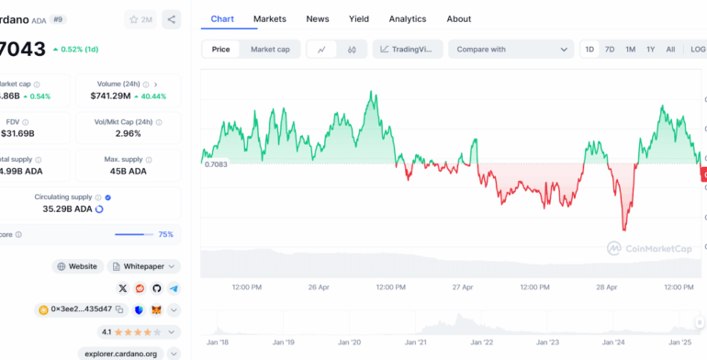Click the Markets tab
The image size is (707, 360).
269,18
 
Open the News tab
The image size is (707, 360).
318,18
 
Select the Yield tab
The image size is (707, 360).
358,18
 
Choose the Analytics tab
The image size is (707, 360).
407,18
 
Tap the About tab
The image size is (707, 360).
458,18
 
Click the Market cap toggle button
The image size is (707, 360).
270,50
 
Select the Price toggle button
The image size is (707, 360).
221,50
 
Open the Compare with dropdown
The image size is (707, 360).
512,50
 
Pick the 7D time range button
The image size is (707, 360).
610,50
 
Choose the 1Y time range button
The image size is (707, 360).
650,50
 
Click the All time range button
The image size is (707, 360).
670,50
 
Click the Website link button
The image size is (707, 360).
77,266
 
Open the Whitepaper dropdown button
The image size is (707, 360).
144,266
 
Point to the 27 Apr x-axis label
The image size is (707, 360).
464,287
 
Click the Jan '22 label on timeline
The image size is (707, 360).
481,342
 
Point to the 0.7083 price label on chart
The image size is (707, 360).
215,163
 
